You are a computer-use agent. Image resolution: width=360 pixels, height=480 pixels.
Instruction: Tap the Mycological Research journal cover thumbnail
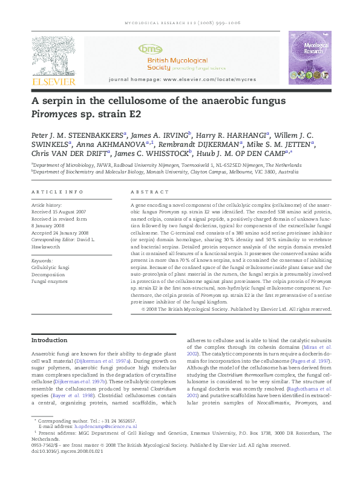click(x=309, y=58)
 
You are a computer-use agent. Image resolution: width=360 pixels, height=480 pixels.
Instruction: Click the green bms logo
click(x=148, y=48)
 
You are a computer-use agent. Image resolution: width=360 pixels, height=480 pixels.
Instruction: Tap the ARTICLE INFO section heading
click(x=57, y=192)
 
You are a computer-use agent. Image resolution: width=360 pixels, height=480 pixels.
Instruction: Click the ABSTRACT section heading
click(x=145, y=192)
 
